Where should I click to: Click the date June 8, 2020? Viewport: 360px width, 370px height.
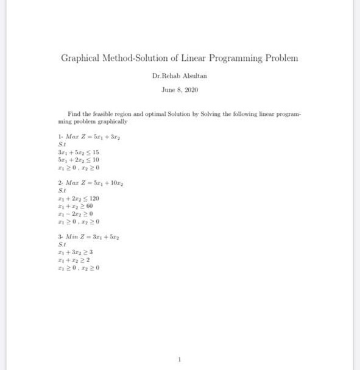[x=180, y=90]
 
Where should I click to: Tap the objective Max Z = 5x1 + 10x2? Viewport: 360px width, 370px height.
[x=91, y=183]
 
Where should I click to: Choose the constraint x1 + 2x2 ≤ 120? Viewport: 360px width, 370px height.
[x=79, y=199]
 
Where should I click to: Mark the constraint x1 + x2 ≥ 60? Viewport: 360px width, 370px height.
[x=76, y=206]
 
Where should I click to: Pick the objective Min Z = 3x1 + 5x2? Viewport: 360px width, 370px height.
[x=90, y=237]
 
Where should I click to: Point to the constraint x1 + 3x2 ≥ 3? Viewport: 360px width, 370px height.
[x=75, y=252]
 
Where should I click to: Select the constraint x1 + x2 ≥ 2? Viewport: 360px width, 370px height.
[x=74, y=260]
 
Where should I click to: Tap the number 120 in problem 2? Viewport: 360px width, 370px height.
[x=94, y=199]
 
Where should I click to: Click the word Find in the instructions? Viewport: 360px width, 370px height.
[x=74, y=114]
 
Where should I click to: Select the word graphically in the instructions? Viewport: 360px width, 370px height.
[x=112, y=121]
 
